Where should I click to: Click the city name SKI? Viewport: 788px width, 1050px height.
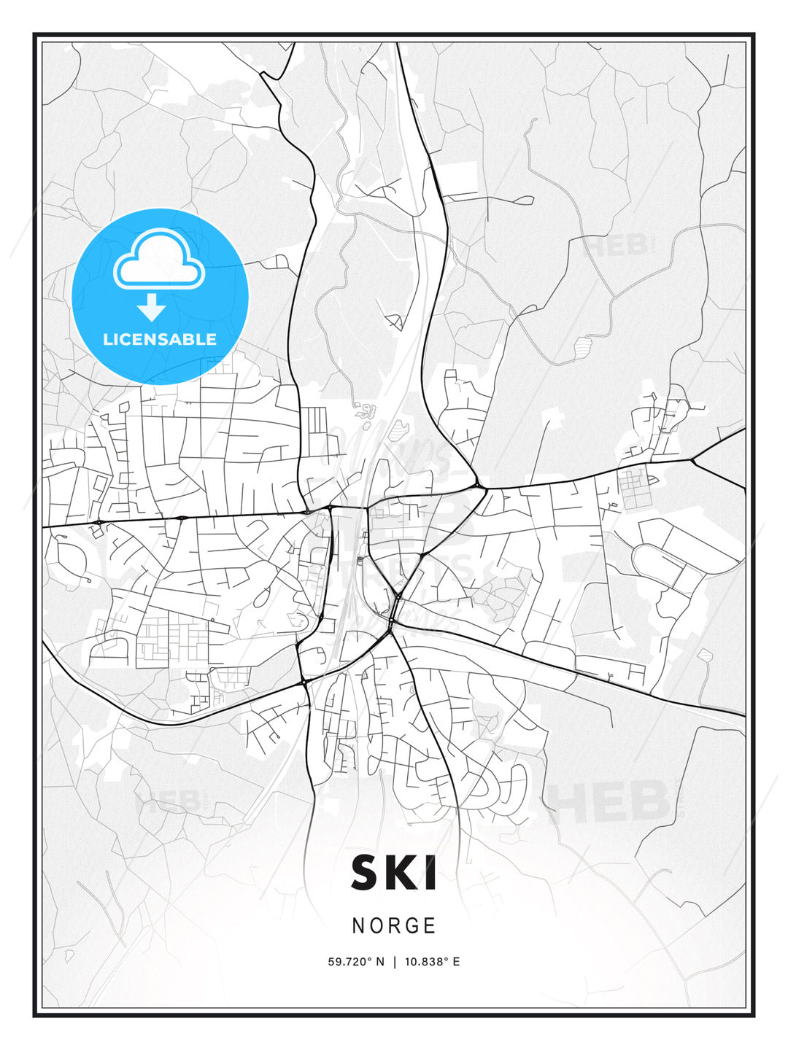[394, 873]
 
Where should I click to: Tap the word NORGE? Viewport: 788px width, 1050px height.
[394, 926]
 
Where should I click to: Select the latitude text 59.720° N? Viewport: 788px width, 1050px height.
[355, 962]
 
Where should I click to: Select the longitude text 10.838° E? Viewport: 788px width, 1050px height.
[432, 962]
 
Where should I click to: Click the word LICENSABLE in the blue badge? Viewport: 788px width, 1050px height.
[160, 339]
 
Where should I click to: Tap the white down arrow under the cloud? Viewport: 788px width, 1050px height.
[152, 307]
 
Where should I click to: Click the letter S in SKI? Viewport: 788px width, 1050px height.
[367, 873]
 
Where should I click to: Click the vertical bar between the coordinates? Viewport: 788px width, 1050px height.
[395, 962]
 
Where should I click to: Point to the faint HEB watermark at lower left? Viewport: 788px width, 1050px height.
[168, 801]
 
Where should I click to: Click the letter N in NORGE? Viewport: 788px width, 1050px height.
[358, 926]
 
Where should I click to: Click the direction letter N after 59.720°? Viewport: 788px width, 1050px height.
[379, 962]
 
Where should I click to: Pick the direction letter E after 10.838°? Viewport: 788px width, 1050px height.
[456, 962]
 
